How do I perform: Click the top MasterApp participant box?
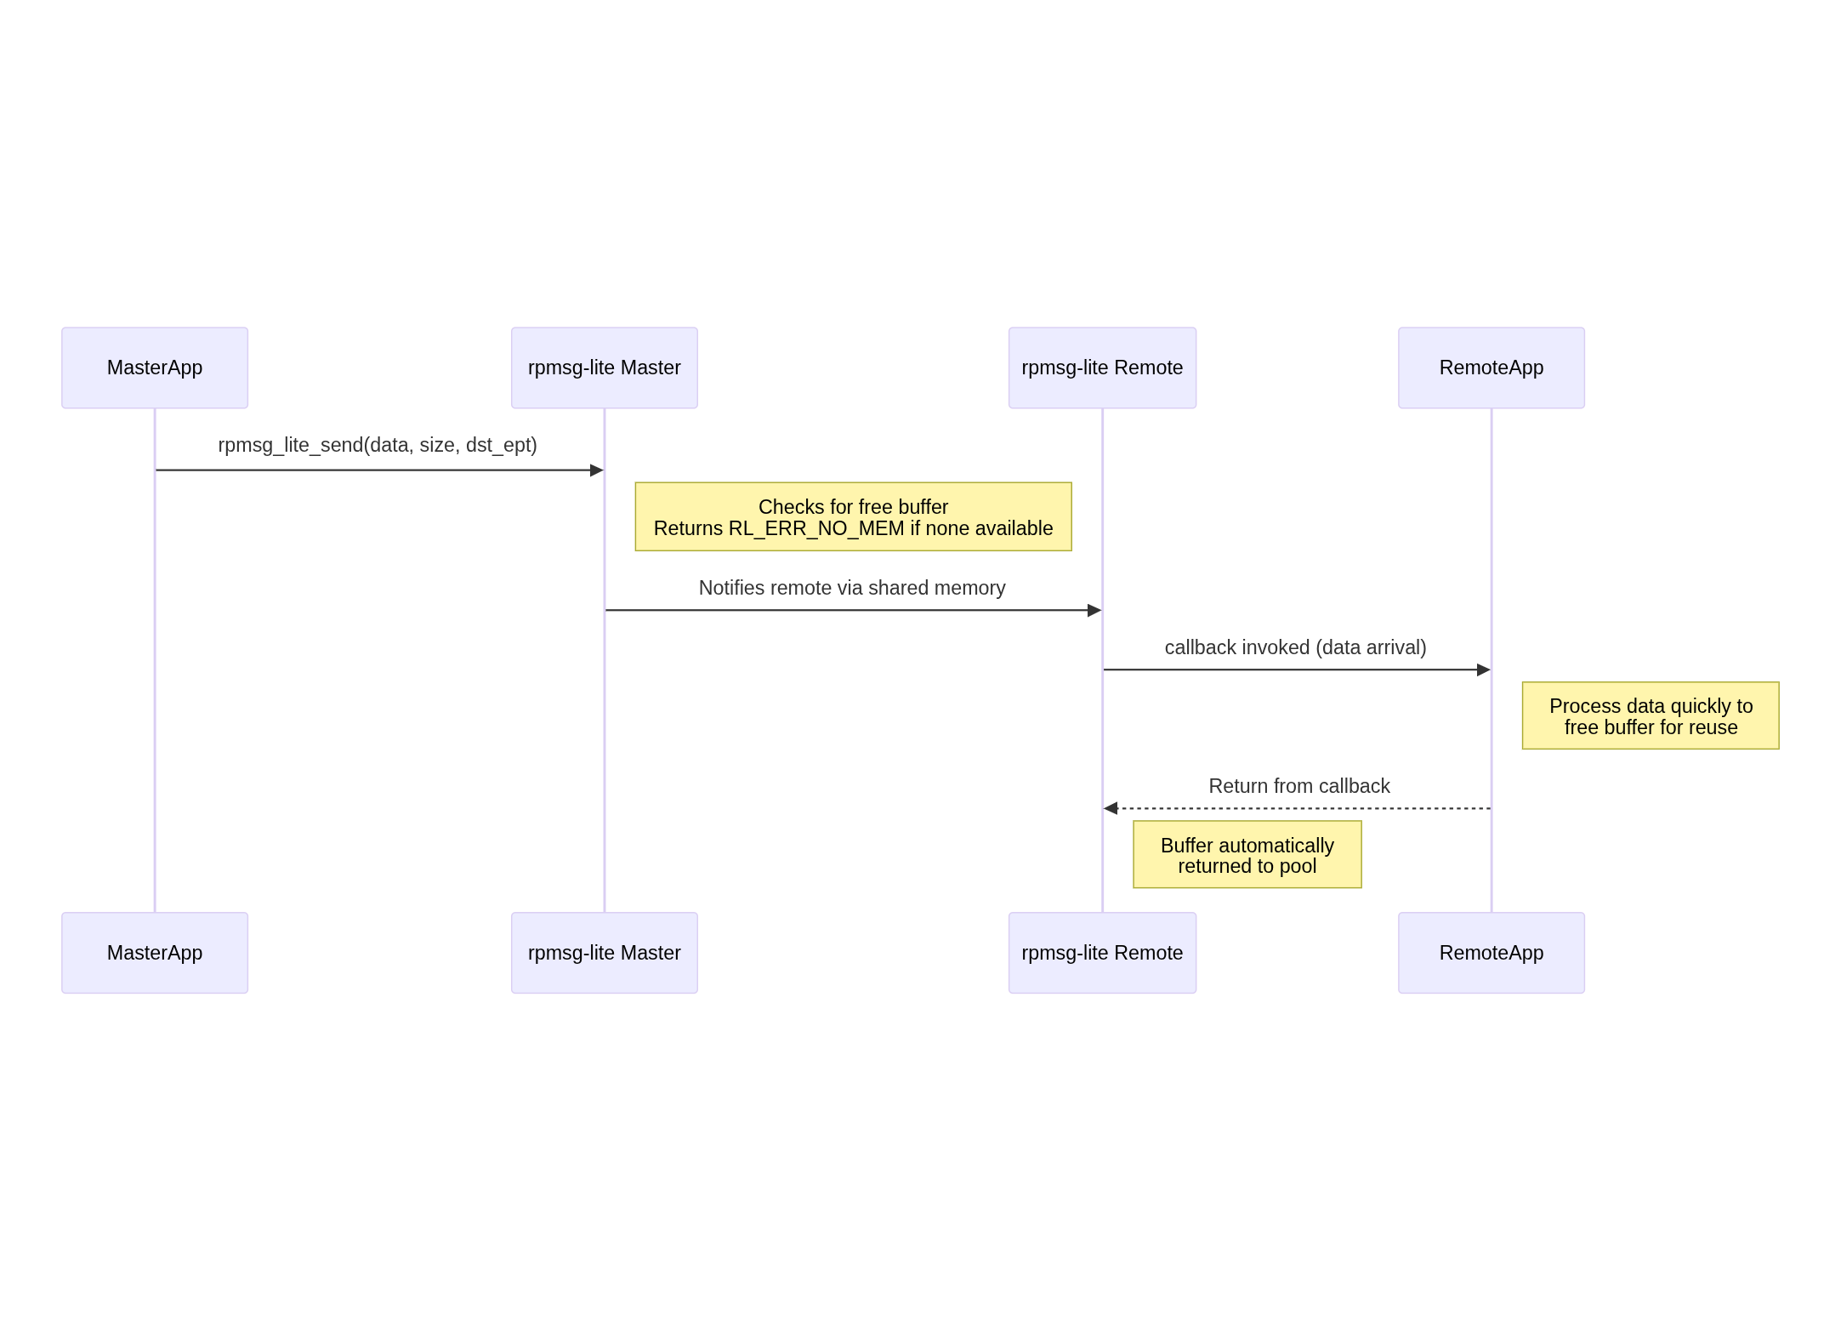[x=155, y=368]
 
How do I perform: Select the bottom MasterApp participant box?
[x=155, y=953]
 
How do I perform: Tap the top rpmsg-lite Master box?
[x=604, y=368]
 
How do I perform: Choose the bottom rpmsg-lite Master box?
[x=604, y=953]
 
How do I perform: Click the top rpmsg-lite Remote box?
[x=1102, y=368]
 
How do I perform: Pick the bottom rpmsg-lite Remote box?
[x=1102, y=953]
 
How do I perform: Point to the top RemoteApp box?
[x=1491, y=368]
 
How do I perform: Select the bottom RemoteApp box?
[x=1491, y=953]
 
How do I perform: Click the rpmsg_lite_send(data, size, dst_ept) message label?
[x=378, y=445]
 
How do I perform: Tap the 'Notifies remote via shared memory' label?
[x=852, y=588]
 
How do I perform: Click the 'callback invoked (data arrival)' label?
[x=1295, y=647]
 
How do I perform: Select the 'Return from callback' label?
[x=1298, y=786]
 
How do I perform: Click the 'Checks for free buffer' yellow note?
[x=853, y=516]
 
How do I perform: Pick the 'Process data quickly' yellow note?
[x=1650, y=715]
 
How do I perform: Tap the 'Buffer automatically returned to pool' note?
[x=1247, y=855]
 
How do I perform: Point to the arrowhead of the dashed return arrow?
[x=1111, y=808]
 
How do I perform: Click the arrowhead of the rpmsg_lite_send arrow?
[x=597, y=470]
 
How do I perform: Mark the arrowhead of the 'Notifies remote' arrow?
[x=1094, y=610]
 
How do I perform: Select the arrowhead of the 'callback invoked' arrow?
[x=1484, y=670]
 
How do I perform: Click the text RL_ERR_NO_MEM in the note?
[x=816, y=528]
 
